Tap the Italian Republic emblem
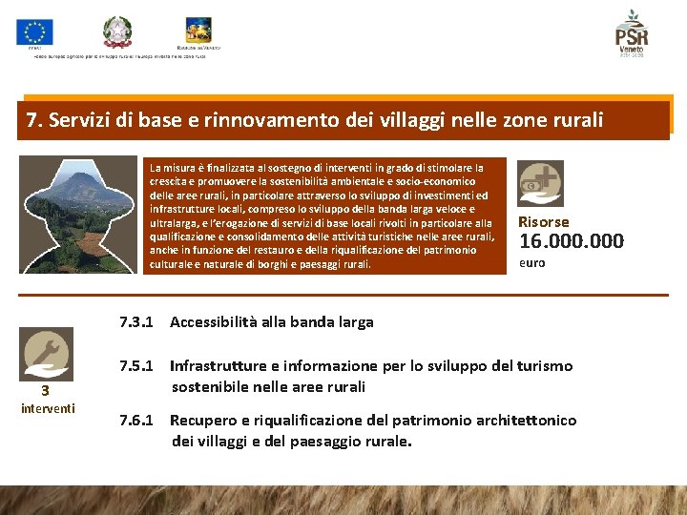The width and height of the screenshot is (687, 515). (x=119, y=31)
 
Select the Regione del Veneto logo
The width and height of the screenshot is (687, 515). (x=198, y=29)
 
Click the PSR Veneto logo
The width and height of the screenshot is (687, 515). (x=631, y=33)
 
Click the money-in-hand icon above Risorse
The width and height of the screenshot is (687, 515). (x=540, y=183)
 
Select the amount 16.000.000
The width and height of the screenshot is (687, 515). (x=571, y=241)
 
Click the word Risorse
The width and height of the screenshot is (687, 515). (x=543, y=221)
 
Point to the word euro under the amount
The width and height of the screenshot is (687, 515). (x=531, y=262)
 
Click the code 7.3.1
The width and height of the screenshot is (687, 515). (x=136, y=322)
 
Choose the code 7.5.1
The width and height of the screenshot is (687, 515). (x=136, y=366)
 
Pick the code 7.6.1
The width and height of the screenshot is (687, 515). (x=136, y=421)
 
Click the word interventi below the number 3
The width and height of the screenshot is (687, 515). (x=48, y=409)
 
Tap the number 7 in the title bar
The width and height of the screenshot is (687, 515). (x=33, y=120)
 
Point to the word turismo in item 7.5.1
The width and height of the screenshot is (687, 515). (x=539, y=366)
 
